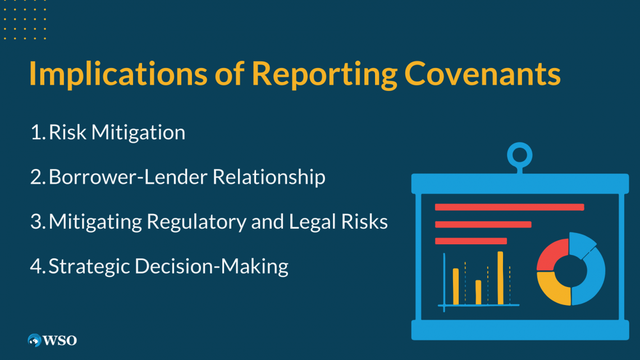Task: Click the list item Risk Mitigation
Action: [117, 133]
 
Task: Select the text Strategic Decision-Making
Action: [168, 266]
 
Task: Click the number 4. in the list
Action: [38, 266]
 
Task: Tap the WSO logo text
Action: [60, 340]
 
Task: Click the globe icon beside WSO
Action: [35, 340]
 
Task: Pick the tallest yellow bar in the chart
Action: [500, 277]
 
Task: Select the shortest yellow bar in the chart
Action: [478, 292]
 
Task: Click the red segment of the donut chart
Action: [551, 253]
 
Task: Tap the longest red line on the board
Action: [509, 207]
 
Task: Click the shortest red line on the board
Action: [471, 241]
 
